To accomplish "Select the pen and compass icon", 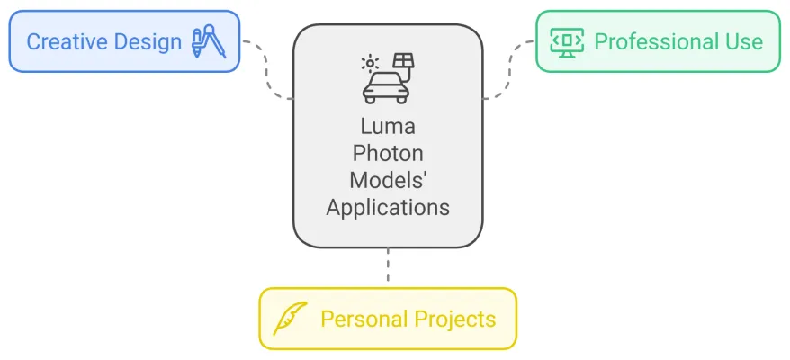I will click(x=208, y=41).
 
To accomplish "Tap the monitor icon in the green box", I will click(x=567, y=41).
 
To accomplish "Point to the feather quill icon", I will click(x=290, y=318).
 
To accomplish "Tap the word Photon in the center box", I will click(x=388, y=155).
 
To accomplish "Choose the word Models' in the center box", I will click(x=388, y=180).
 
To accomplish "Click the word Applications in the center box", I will click(x=388, y=206).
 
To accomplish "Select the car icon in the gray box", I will click(x=384, y=86).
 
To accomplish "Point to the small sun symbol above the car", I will click(x=370, y=64).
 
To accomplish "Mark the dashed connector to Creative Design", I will click(x=268, y=70).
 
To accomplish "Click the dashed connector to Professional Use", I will click(x=508, y=70).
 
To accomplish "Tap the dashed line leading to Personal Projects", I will click(x=388, y=267).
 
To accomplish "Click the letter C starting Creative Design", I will click(x=33, y=41).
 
